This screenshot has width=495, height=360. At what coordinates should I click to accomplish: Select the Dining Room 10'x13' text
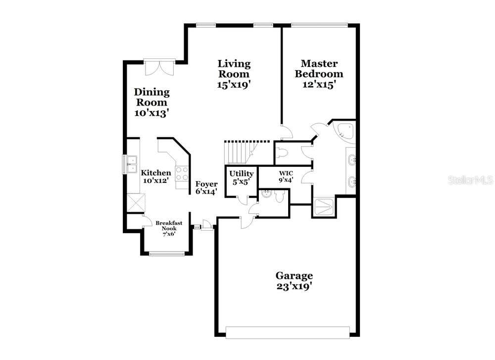(x=152, y=103)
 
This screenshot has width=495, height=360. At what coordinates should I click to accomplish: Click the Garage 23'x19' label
(x=294, y=281)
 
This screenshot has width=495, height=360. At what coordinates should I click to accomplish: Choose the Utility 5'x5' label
(x=242, y=177)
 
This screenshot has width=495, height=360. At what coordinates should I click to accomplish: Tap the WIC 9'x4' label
(x=286, y=176)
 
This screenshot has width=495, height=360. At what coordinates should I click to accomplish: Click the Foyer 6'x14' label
(x=206, y=188)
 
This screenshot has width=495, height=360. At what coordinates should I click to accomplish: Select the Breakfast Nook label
(x=169, y=229)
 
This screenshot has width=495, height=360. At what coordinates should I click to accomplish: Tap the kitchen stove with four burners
(x=182, y=174)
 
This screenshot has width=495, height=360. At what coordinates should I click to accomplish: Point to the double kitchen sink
(x=132, y=164)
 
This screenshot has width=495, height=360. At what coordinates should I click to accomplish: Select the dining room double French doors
(x=159, y=67)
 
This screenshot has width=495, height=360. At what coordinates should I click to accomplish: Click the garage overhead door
(x=288, y=333)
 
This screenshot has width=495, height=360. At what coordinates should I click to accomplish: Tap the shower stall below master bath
(x=324, y=207)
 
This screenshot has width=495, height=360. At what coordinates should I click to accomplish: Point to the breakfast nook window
(x=167, y=253)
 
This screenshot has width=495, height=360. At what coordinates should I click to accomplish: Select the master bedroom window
(x=319, y=25)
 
